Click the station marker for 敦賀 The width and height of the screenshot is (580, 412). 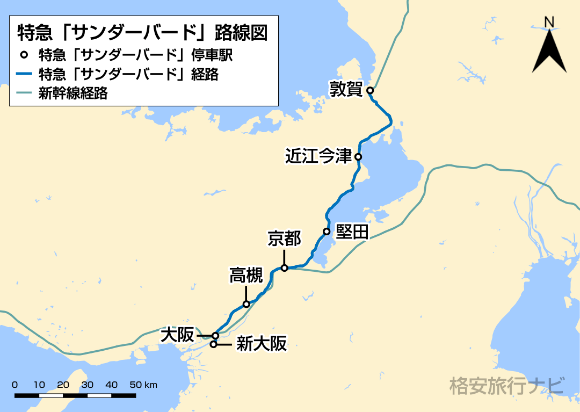coord(370,91)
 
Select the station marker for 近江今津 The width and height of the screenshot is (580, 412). coord(358,157)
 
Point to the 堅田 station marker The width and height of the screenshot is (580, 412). coord(326,232)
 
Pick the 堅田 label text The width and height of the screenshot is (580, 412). coord(352,232)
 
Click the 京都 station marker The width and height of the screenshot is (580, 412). coord(285,268)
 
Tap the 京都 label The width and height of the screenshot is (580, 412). coord(285,239)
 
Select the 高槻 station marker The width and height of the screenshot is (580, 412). coord(247,305)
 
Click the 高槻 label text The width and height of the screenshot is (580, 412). coord(246,276)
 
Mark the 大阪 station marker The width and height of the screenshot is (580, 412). coord(215,335)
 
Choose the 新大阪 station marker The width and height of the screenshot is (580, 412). coord(213,344)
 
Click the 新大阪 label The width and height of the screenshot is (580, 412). coord(262,344)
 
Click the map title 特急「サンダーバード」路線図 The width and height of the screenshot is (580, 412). coord(142,32)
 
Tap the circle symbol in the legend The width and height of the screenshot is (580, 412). coord(24,55)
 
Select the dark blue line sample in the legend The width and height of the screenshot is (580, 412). coord(25,74)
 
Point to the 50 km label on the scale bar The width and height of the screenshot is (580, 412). coord(143,385)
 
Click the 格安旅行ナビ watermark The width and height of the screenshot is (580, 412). coord(507,386)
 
